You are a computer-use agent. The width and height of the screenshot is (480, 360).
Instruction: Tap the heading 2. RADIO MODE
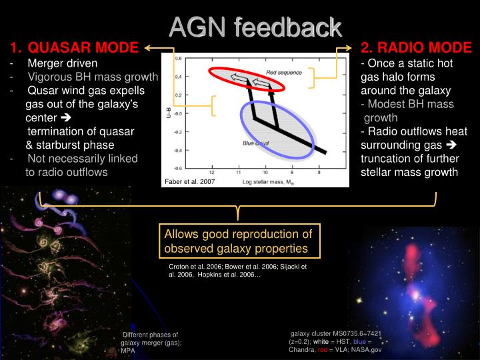(x=416, y=48)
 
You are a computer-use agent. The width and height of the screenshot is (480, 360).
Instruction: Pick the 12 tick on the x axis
(x=212, y=173)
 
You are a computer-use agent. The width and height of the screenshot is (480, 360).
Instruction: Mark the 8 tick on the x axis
(x=319, y=173)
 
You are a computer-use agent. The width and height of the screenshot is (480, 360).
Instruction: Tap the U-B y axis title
(x=169, y=114)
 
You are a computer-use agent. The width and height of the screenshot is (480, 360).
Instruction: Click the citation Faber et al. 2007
(x=189, y=181)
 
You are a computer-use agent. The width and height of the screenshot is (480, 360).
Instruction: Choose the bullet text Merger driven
(x=62, y=63)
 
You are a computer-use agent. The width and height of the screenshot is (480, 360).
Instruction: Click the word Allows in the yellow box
(x=181, y=233)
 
